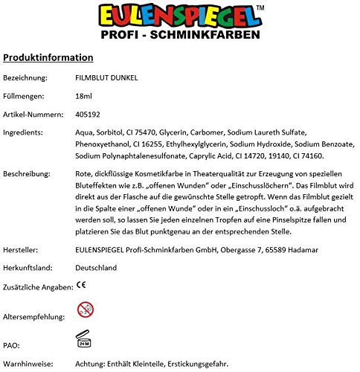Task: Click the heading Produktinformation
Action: coord(48,57)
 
